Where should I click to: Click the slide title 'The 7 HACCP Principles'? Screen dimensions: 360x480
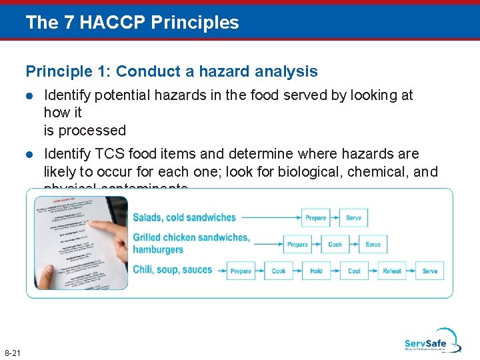[132, 23]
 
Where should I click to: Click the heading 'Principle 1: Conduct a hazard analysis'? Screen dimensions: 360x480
[171, 71]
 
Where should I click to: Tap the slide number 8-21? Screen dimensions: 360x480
[12, 352]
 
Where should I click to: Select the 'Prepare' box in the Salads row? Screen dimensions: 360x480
[315, 217]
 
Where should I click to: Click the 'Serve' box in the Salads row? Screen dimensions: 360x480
[353, 217]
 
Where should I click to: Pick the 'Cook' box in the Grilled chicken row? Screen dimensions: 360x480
[335, 244]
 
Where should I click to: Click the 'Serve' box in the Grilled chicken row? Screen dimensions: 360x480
[373, 244]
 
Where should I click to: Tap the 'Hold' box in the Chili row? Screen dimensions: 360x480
[316, 271]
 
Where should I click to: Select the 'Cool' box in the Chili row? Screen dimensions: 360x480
[354, 271]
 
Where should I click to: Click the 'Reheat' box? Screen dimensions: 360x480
[392, 271]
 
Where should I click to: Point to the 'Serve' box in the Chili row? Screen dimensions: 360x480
[430, 271]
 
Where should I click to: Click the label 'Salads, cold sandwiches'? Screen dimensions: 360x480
[184, 217]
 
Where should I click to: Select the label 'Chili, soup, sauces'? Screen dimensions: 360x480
[172, 270]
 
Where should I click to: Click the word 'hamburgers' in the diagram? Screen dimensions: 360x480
[158, 249]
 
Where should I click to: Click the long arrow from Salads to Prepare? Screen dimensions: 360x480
[270, 217]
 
